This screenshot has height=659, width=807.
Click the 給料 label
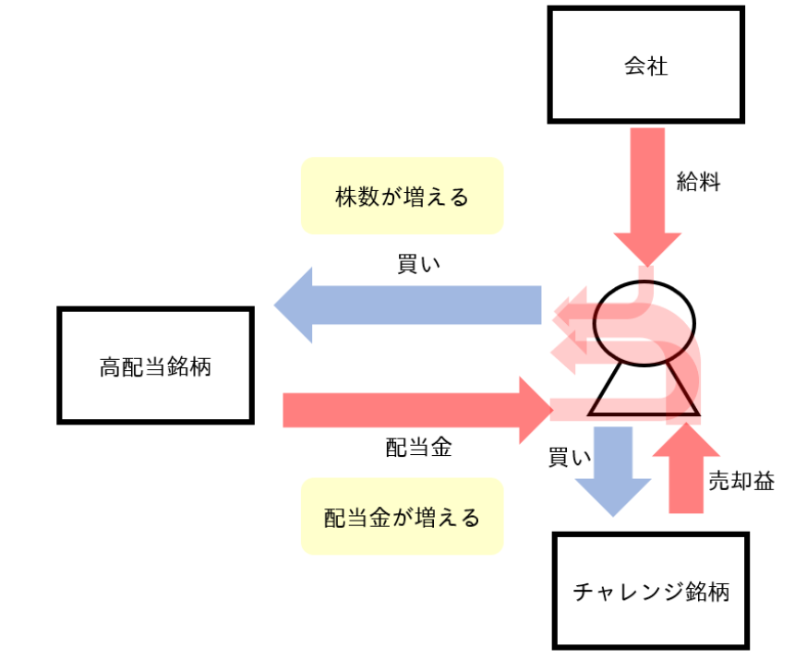pos(699,182)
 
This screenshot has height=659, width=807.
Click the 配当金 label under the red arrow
pos(418,449)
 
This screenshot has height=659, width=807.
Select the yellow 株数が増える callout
pos(402,196)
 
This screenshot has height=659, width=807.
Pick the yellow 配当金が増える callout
pos(402,517)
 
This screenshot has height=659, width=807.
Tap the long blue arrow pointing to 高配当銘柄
pos(406,305)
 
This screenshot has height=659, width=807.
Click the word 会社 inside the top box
pos(645,66)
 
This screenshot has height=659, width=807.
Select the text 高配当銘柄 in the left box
pos(155,366)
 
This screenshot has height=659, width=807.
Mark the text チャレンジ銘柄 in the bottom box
pos(650,591)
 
